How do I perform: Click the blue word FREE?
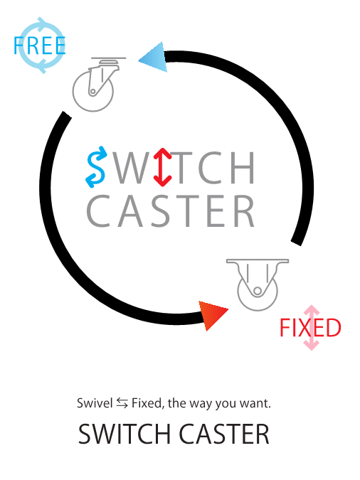point(40,46)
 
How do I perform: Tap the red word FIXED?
point(310,328)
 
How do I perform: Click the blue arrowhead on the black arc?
point(153,58)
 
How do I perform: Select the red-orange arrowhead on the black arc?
point(212,315)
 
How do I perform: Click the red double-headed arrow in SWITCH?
point(162,167)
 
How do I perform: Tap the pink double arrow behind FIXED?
point(312,328)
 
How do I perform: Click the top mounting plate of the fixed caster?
point(258,261)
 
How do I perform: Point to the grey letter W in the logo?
point(131,167)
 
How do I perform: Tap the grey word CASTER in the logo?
point(171,211)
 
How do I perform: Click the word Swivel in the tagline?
point(95,403)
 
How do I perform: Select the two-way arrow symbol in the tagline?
point(122,403)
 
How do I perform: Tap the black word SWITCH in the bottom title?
point(124,434)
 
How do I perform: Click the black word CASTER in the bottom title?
point(224,434)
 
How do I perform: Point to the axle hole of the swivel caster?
point(92,91)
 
